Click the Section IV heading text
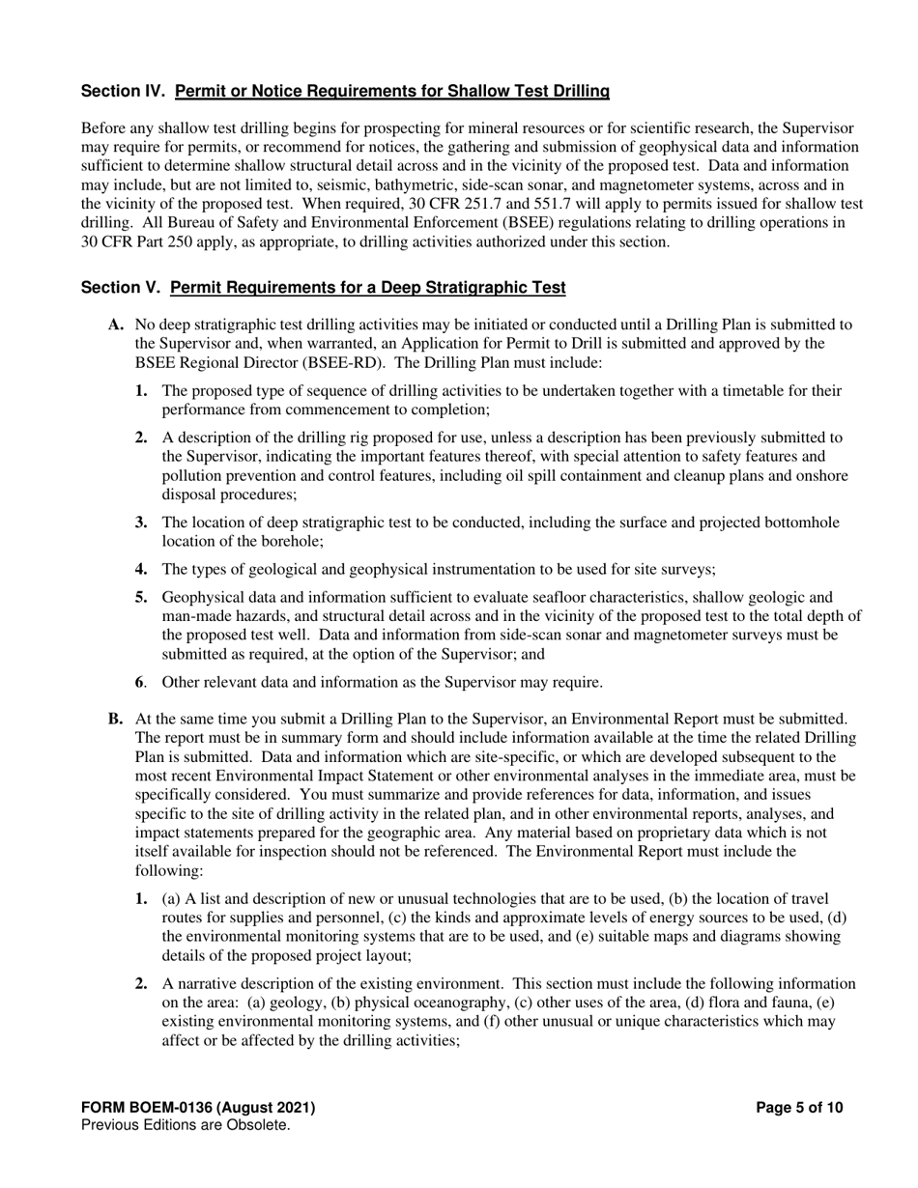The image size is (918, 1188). [x=345, y=92]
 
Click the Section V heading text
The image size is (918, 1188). [x=324, y=288]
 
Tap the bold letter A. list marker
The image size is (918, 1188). [x=116, y=325]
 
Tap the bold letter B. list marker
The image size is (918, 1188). [x=116, y=719]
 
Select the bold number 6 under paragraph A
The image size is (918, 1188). [x=139, y=683]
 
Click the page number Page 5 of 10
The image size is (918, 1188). [x=799, y=1108]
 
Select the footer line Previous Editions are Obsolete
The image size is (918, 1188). [x=186, y=1125]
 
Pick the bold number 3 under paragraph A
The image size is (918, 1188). [x=141, y=523]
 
